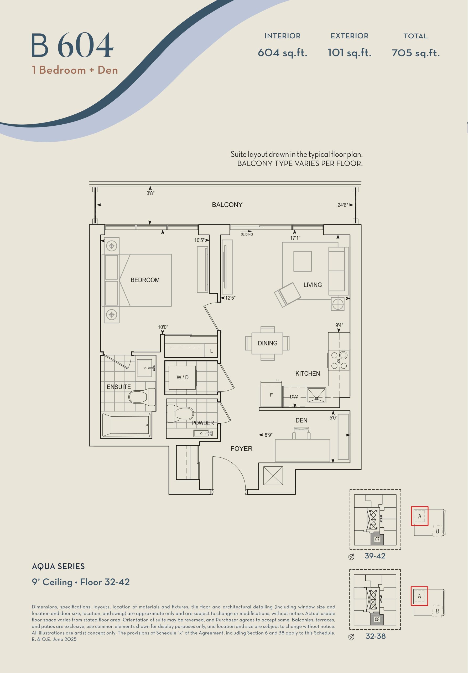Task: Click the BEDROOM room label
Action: click(145, 280)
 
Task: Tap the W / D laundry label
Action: click(183, 377)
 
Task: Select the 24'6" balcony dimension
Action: click(343, 205)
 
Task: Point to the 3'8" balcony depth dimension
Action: click(150, 193)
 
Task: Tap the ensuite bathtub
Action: click(126, 425)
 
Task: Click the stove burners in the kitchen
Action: click(339, 360)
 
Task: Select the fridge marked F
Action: click(271, 396)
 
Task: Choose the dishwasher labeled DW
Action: click(294, 397)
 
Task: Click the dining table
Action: click(267, 343)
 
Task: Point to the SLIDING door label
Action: click(247, 234)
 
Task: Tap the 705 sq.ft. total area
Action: click(415, 53)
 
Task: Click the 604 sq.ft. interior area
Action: click(282, 53)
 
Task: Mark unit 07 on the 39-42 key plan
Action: click(377, 539)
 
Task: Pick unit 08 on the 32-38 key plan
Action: click(377, 619)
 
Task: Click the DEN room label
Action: click(301, 420)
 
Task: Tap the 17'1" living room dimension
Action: click(295, 238)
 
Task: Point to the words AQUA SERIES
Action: click(58, 566)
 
